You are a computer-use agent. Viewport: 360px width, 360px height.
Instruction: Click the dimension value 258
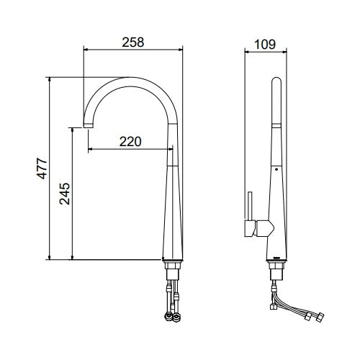(133, 42)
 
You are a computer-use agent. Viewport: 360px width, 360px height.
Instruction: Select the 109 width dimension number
(265, 45)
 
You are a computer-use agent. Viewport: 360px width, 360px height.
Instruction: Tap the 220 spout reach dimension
(130, 142)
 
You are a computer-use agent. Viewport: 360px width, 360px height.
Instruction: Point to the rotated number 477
(42, 168)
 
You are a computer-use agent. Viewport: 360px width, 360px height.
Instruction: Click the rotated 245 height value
(65, 194)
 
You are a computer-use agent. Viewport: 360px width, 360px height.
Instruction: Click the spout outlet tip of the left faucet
(88, 126)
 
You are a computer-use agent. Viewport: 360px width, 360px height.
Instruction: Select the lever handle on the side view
(250, 206)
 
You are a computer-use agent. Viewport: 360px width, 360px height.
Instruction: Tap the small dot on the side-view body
(276, 169)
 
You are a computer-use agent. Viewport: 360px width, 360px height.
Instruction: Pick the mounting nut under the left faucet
(173, 266)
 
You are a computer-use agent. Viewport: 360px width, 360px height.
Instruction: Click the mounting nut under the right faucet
(276, 266)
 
